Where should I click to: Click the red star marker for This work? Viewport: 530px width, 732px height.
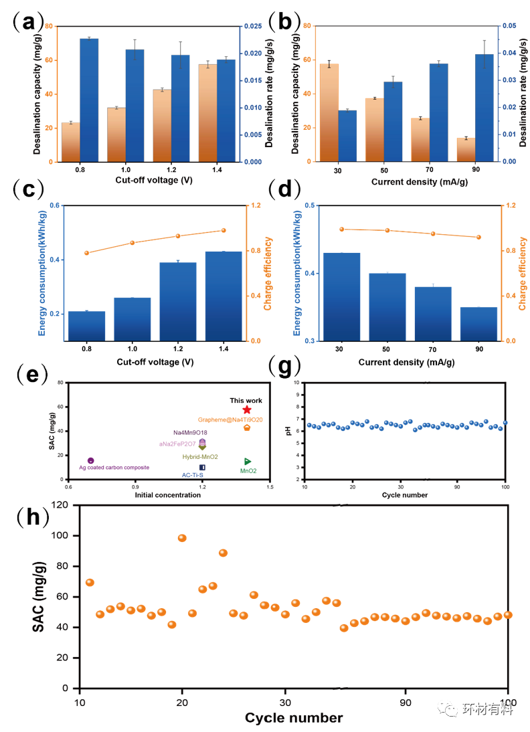pyautogui.click(x=247, y=409)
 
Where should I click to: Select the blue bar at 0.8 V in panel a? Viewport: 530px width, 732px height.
pyautogui.click(x=89, y=100)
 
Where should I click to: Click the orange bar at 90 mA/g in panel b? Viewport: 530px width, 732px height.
pyautogui.click(x=466, y=150)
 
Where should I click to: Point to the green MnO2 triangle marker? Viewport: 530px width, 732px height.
pyautogui.click(x=248, y=461)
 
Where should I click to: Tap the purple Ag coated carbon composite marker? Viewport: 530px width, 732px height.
pyautogui.click(x=91, y=460)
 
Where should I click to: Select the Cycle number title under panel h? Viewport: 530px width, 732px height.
pyautogui.click(x=294, y=719)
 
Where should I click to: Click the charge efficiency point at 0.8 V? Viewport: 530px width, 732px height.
pyautogui.click(x=86, y=253)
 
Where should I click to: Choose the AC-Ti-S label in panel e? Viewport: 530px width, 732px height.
pyautogui.click(x=194, y=475)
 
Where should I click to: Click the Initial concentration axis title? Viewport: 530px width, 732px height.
pyautogui.click(x=168, y=495)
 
